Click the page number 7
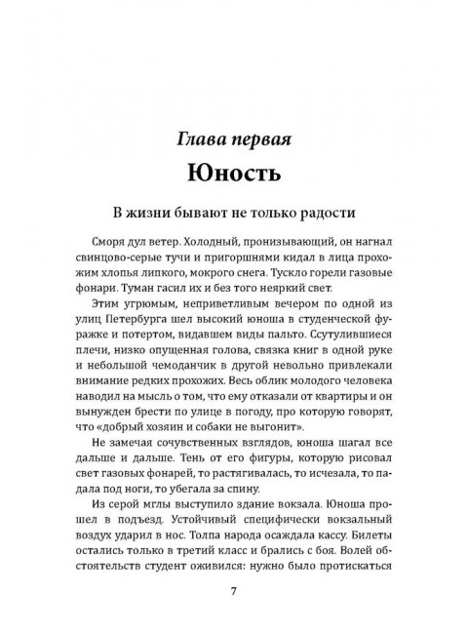[x=234, y=589]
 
